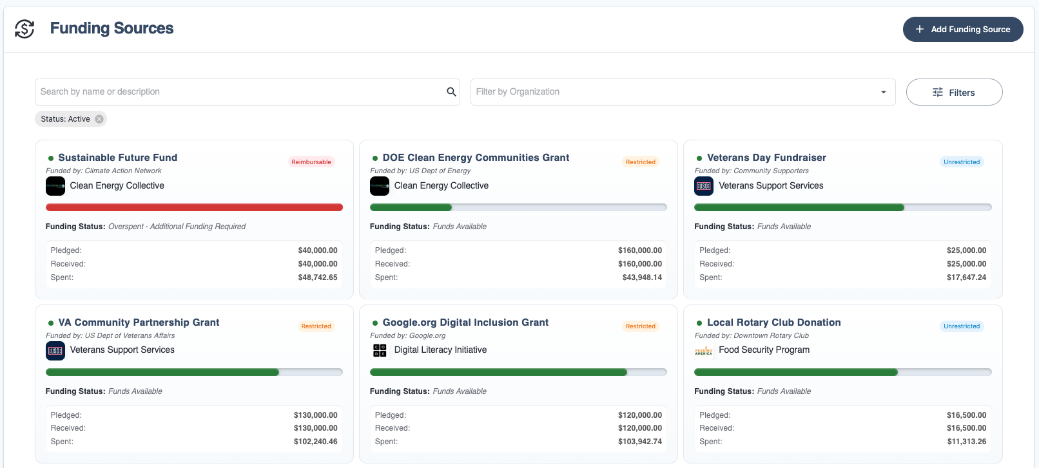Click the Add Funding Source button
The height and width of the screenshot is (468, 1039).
[962, 30]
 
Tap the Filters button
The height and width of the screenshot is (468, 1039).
[954, 92]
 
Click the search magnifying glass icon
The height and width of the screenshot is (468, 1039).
[451, 92]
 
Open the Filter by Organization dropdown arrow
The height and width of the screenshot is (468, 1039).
[883, 92]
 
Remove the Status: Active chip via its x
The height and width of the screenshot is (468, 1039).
[99, 119]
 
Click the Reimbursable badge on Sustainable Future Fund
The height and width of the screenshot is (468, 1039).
[311, 162]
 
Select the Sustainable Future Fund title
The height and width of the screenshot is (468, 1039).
[117, 158]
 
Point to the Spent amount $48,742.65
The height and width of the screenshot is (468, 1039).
[317, 277]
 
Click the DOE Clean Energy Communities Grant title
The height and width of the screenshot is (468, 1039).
[476, 158]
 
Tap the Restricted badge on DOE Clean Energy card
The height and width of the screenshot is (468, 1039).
[640, 162]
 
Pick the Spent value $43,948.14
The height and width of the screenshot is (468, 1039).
[642, 277]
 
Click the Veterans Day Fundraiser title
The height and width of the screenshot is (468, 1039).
[766, 158]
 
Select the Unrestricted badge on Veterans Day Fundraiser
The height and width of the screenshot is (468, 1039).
[961, 162]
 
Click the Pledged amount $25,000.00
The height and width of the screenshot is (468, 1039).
[966, 250]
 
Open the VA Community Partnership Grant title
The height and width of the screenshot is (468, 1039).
[139, 323]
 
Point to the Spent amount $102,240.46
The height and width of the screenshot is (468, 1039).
[315, 442]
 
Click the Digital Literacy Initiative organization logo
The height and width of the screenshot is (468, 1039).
[380, 350]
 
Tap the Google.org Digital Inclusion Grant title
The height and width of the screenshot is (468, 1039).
[465, 323]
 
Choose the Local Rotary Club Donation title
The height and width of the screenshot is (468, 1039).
[773, 323]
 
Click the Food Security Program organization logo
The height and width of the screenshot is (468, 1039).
[704, 351]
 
